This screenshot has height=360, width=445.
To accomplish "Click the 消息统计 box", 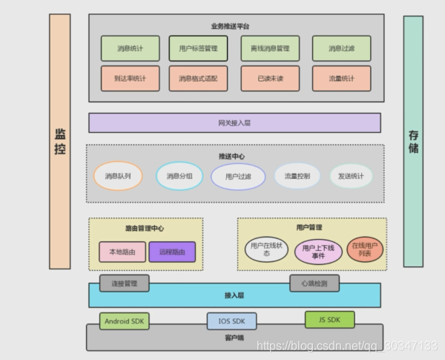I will pyautogui.click(x=131, y=48).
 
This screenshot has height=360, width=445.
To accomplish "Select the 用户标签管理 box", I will pyautogui.click(x=198, y=48).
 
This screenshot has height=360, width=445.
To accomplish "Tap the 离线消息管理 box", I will pyautogui.click(x=270, y=48).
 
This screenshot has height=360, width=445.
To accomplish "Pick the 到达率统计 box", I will pyautogui.click(x=131, y=78).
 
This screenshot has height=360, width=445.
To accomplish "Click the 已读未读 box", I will pyautogui.click(x=270, y=78).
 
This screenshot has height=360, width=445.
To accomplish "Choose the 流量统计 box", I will pyautogui.click(x=341, y=78).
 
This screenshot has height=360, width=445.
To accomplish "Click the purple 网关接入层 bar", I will pyautogui.click(x=234, y=122).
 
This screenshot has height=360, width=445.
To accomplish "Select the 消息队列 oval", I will pyautogui.click(x=118, y=176).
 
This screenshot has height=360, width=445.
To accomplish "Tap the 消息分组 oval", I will pyautogui.click(x=179, y=176).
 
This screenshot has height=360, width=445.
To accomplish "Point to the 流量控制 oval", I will pyautogui.click(x=297, y=176).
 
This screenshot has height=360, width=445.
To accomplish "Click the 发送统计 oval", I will pyautogui.click(x=351, y=176).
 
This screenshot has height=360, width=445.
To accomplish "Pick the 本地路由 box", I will pyautogui.click(x=122, y=252).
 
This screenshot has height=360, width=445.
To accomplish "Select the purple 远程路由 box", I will pyautogui.click(x=172, y=252).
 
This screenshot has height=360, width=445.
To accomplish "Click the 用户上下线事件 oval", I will pyautogui.click(x=319, y=252).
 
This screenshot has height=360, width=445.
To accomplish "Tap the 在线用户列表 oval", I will pyautogui.click(x=365, y=250).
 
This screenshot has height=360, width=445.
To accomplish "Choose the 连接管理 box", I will pyautogui.click(x=125, y=283).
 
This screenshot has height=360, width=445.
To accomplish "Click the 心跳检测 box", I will pyautogui.click(x=314, y=283).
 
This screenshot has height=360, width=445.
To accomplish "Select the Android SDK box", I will pyautogui.click(x=125, y=321).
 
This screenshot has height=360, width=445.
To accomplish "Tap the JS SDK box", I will pyautogui.click(x=329, y=319).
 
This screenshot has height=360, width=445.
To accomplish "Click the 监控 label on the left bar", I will pyautogui.click(x=60, y=141).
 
